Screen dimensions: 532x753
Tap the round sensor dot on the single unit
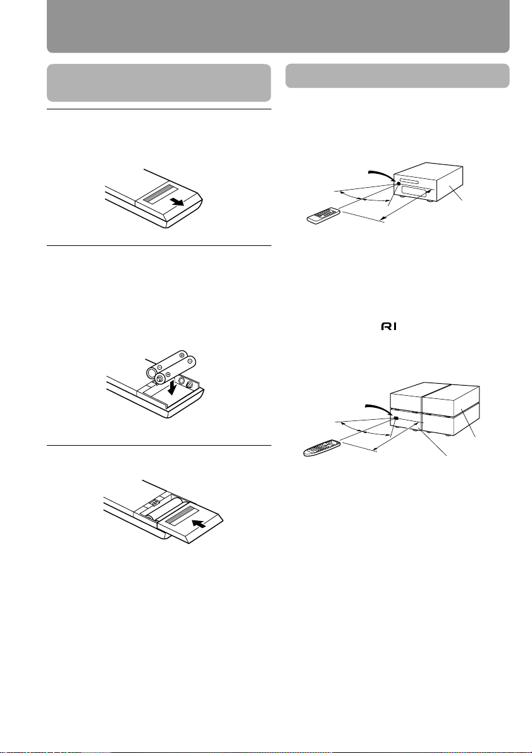click(399, 183)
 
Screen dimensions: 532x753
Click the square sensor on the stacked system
click(396, 419)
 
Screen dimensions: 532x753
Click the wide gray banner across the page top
click(278, 27)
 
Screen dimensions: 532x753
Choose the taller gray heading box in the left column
click(159, 83)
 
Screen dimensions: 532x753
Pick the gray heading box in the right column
click(397, 76)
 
